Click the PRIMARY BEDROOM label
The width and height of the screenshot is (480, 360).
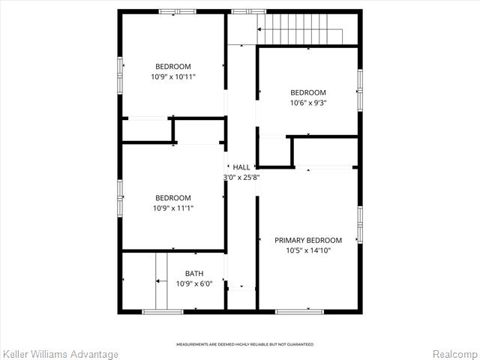tap(308, 240)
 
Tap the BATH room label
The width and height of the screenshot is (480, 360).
tap(194, 273)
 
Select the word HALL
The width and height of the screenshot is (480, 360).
tap(241, 167)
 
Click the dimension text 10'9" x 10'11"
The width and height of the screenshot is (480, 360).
tap(173, 76)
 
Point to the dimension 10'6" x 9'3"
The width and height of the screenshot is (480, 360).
tap(308, 103)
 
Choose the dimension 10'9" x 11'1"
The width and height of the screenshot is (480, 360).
tap(173, 208)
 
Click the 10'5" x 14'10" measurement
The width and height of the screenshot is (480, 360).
tap(308, 250)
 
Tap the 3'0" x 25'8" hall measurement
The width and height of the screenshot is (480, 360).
tap(241, 177)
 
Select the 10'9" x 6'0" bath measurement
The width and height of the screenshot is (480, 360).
tap(194, 283)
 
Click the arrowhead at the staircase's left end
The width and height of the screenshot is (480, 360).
tap(259, 29)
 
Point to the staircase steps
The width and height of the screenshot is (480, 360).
tap(300, 29)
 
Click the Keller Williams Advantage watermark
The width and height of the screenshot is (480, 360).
tap(60, 355)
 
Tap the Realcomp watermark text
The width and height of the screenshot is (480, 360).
tap(454, 354)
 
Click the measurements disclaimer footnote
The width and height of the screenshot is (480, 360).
tap(245, 344)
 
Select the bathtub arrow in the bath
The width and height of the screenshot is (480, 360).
tap(161, 281)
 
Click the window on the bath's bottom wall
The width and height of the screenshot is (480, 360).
tap(163, 312)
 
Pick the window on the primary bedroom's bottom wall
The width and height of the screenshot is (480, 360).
tap(300, 312)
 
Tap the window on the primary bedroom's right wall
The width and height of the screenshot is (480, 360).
tap(360, 225)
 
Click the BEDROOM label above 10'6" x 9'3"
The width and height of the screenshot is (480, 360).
tap(308, 92)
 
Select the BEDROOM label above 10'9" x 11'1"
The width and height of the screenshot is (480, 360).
tap(173, 198)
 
